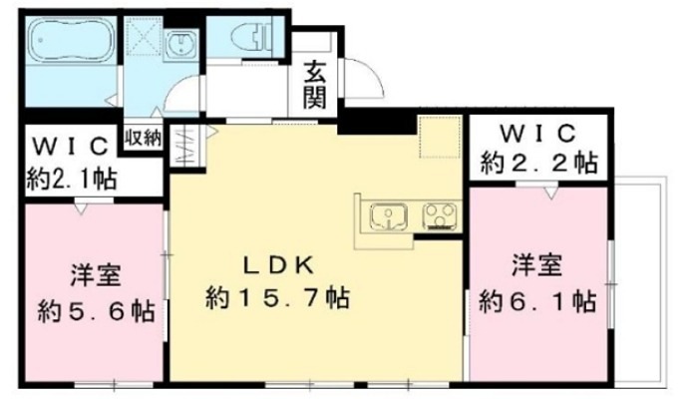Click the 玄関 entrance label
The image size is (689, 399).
click(x=317, y=85)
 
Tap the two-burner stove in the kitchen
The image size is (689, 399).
click(x=437, y=214)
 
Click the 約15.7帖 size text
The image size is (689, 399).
click(x=278, y=296)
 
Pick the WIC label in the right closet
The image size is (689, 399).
click(x=539, y=132)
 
